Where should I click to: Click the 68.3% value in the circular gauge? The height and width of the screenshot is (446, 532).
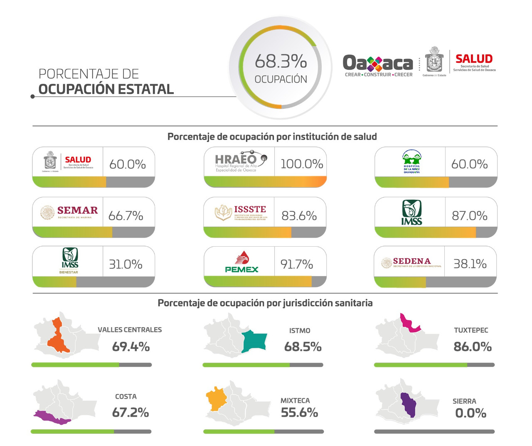pos(281,61)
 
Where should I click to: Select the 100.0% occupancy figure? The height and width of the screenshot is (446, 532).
pos(302,164)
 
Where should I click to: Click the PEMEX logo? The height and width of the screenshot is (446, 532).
pos(241,262)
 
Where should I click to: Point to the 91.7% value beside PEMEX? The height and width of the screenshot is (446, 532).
pos(297,264)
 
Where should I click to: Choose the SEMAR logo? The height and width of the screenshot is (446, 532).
pos(69,212)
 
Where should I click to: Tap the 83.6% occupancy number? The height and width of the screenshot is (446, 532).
pos(299,216)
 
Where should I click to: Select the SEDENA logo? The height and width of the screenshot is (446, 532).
pos(411,263)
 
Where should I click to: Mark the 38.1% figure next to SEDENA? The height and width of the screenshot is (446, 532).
pos(470,264)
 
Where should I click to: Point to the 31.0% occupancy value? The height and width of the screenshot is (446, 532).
pos(126,264)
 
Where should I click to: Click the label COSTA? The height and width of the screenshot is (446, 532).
pos(126,397)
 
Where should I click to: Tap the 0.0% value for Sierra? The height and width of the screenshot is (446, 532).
pos(470,413)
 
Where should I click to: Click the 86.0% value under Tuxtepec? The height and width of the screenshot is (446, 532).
pos(473,347)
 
